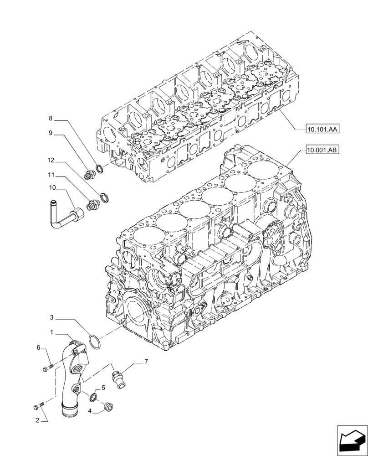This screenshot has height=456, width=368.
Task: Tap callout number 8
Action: pyautogui.click(x=51, y=119)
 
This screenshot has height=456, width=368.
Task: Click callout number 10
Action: pyautogui.click(x=52, y=187)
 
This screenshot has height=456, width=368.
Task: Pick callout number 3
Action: pyautogui.click(x=52, y=317)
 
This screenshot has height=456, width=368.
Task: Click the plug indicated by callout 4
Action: pyautogui.click(x=109, y=407)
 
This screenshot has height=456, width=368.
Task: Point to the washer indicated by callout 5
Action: pyautogui.click(x=93, y=398)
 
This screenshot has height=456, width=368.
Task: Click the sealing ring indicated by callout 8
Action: pyautogui.click(x=101, y=170)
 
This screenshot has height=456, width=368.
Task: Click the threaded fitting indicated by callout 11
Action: pyautogui.click(x=94, y=204)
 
